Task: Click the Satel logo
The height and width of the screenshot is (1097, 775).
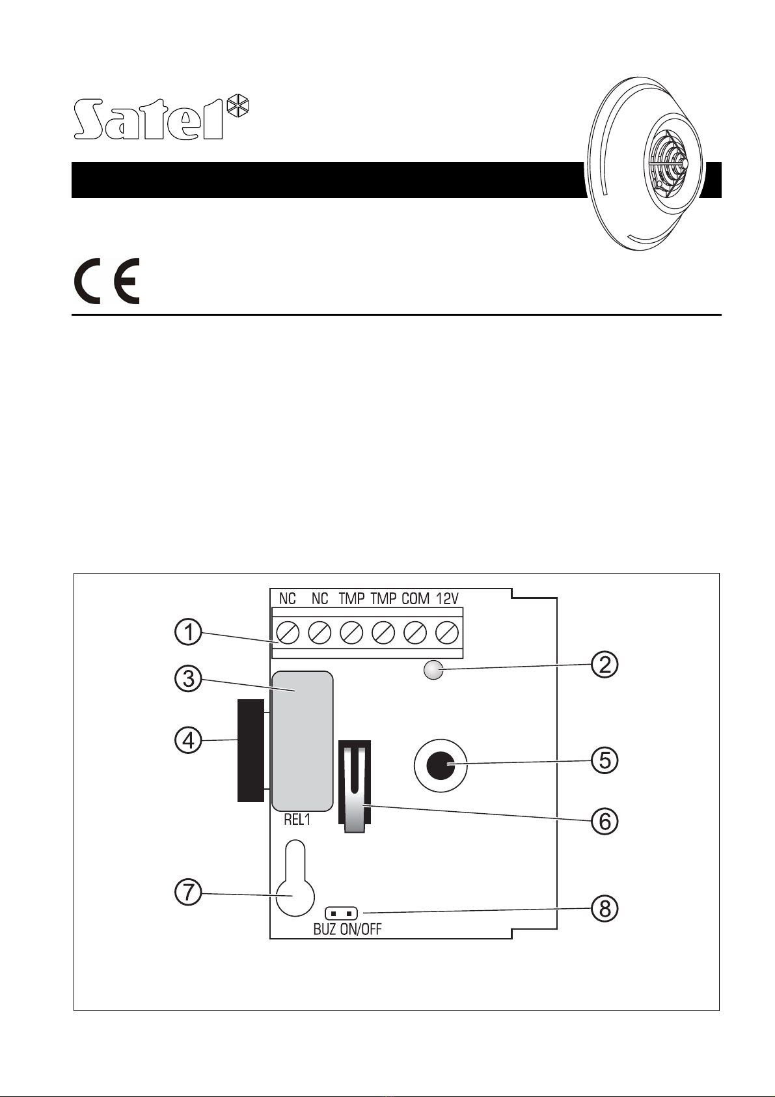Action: [161, 118]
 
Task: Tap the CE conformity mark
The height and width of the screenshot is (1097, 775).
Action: [106, 281]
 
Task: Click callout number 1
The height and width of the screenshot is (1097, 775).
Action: [188, 633]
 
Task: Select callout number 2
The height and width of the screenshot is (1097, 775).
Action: [605, 665]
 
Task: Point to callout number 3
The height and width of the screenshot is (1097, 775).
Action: [188, 679]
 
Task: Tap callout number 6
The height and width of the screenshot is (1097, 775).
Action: [605, 821]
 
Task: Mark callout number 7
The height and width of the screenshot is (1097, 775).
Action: [188, 893]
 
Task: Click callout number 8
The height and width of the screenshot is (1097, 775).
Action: [605, 909]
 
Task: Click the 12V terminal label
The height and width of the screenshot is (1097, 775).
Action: [447, 598]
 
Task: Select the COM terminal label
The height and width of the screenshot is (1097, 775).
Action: [415, 598]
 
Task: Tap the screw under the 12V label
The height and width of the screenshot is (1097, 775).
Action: [447, 632]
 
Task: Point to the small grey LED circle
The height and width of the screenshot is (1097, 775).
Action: [433, 670]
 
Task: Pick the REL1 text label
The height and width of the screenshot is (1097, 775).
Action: [297, 820]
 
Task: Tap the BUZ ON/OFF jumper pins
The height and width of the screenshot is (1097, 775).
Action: [342, 913]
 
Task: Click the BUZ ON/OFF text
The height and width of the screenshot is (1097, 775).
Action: [347, 929]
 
